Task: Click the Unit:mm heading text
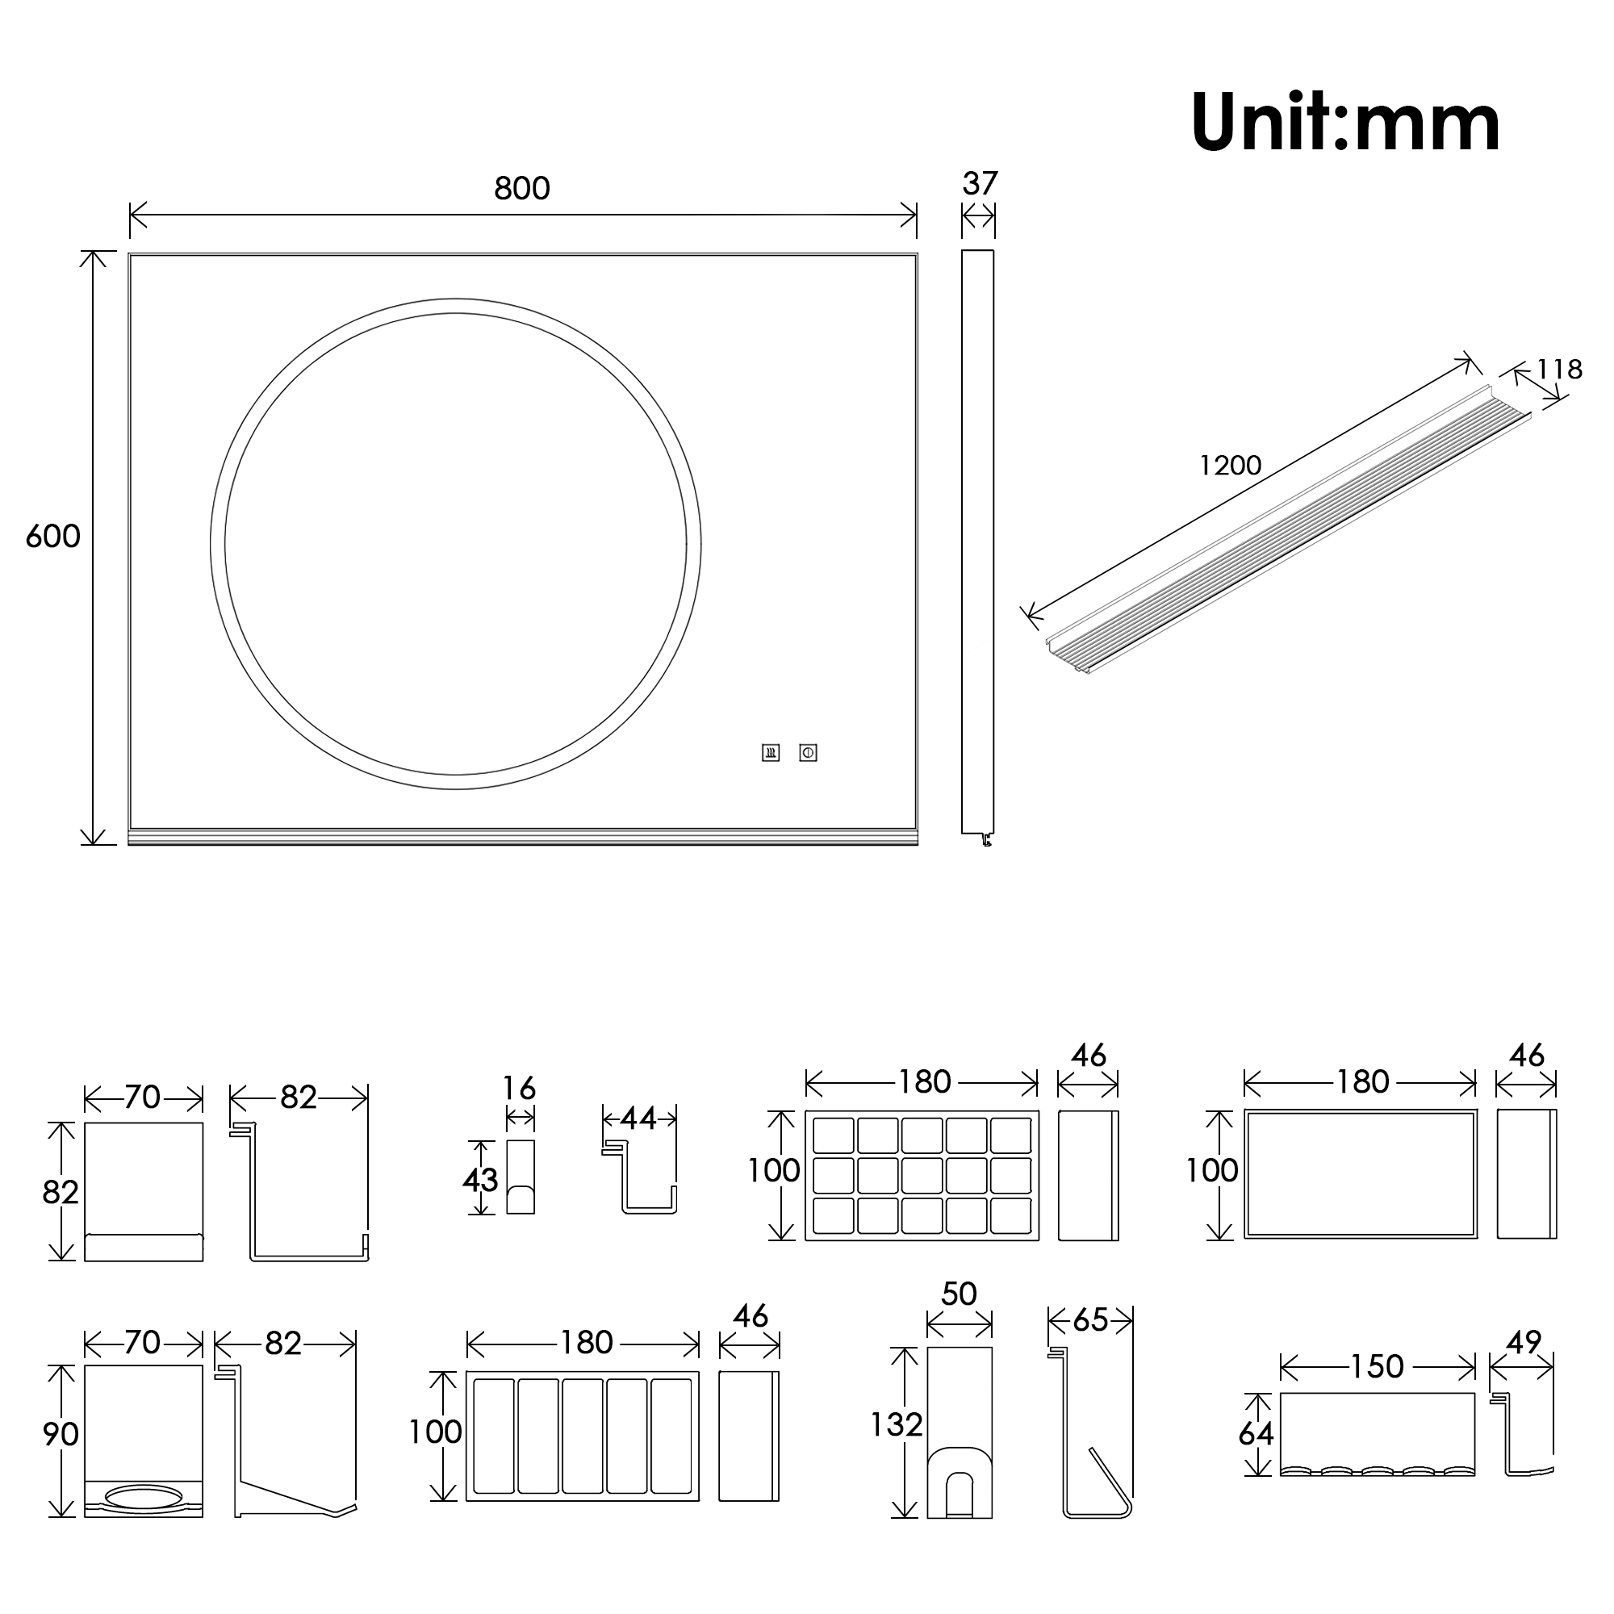point(1345,123)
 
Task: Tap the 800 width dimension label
point(522,189)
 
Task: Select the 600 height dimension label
point(53,537)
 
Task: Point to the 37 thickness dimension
point(980,184)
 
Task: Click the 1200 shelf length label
point(1230,466)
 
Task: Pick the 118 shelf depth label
point(1559,370)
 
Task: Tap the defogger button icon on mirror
point(770,753)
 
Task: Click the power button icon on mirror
point(808,753)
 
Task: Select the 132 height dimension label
point(897,1424)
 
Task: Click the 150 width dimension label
point(1377,1367)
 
